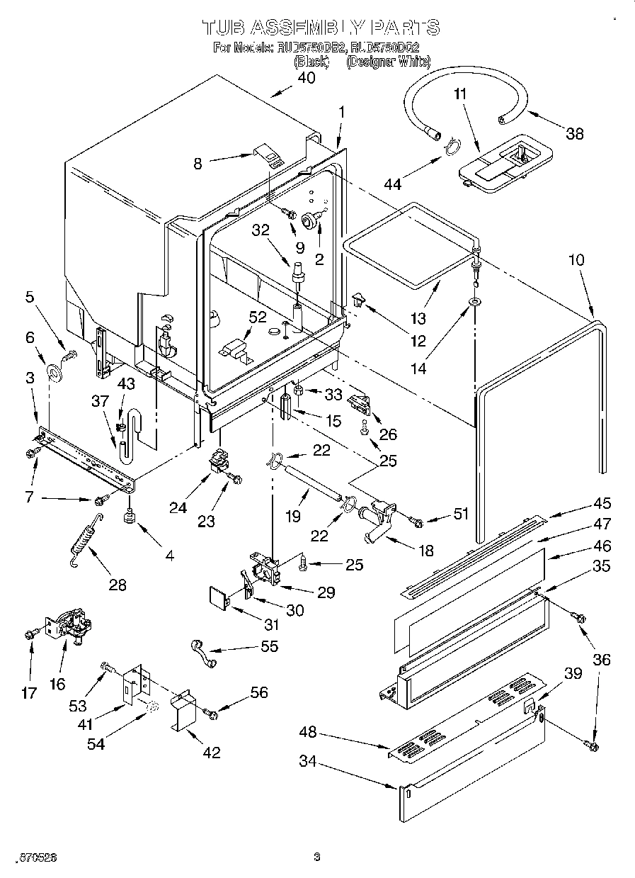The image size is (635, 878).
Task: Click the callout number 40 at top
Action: pyautogui.click(x=306, y=79)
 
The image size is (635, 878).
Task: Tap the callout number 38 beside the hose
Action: pyautogui.click(x=574, y=133)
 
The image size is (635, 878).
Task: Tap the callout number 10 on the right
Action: pyautogui.click(x=576, y=260)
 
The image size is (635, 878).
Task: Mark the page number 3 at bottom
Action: pyautogui.click(x=317, y=857)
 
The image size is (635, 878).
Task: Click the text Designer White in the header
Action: pyautogui.click(x=388, y=62)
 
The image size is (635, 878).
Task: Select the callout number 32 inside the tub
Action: pyautogui.click(x=261, y=231)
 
